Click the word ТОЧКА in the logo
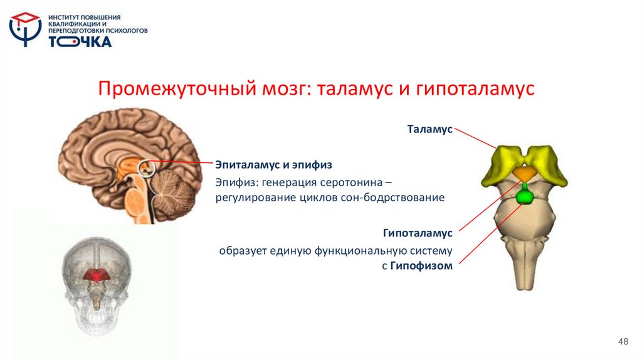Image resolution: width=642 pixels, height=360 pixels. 80,41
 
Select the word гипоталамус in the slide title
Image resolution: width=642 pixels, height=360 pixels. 475,89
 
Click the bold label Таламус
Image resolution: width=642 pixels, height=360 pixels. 429,129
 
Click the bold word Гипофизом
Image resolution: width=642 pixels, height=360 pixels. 421,265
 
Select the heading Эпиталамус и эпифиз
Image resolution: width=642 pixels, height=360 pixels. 273,165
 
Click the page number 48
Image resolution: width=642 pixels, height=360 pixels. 623,341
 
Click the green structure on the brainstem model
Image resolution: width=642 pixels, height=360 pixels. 524,196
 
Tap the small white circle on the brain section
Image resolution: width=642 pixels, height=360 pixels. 145,167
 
